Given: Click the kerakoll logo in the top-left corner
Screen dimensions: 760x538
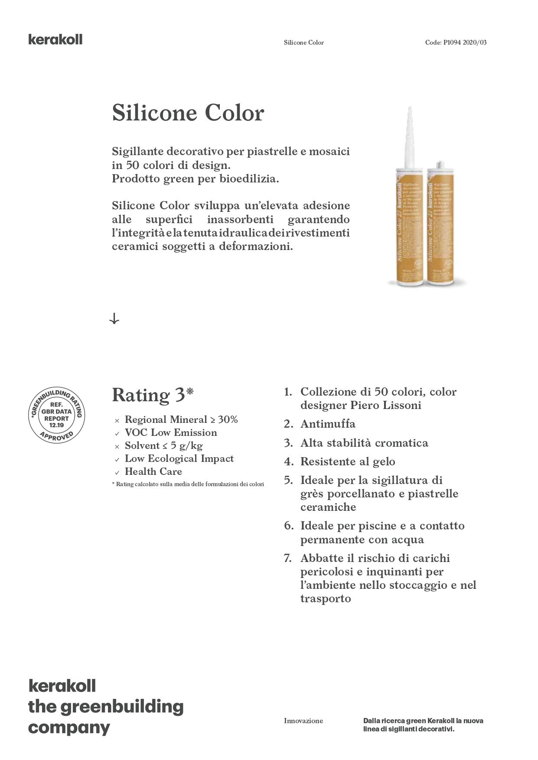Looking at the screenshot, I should click(x=55, y=39).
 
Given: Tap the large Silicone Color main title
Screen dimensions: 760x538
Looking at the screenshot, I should click(x=188, y=113).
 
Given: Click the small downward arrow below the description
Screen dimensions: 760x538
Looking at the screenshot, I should click(x=114, y=319).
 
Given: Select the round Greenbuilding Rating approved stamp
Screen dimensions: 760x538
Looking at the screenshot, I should click(x=56, y=415).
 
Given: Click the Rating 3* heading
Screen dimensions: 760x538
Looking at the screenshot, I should click(x=153, y=395).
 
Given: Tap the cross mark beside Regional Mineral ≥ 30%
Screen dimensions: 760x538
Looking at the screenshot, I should click(x=117, y=420).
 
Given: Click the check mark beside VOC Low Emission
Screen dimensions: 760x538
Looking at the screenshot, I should click(x=117, y=433).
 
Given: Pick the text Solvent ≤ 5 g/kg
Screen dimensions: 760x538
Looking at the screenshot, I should click(x=163, y=445).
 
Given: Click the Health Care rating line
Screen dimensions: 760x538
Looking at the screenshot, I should click(x=153, y=471).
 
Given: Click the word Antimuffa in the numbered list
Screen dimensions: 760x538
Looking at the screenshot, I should click(x=328, y=424).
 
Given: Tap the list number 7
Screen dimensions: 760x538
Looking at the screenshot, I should click(x=288, y=558).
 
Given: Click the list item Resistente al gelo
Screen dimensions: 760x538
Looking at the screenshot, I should click(x=348, y=461).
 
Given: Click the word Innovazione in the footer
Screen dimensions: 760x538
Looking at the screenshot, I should click(x=303, y=721).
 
